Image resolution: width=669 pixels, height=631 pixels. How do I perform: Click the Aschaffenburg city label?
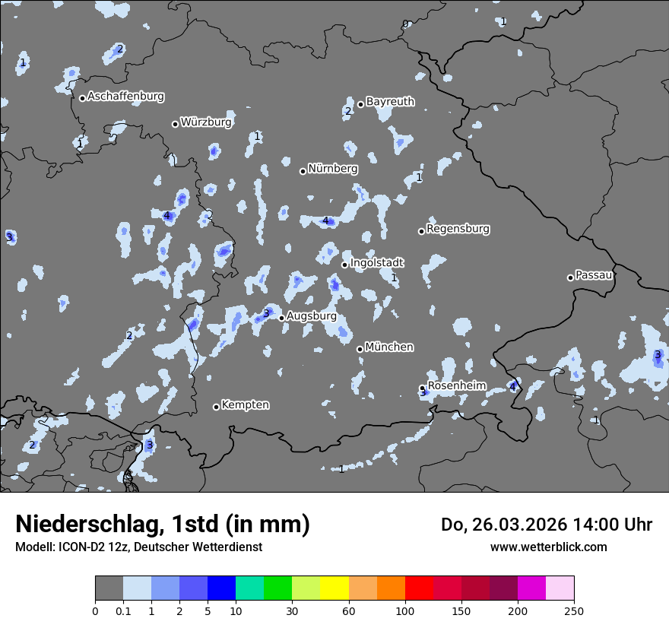(x=125, y=97)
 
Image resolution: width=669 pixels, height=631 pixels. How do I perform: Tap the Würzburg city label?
(x=206, y=122)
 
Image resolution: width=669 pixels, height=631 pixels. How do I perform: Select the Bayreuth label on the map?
(x=390, y=101)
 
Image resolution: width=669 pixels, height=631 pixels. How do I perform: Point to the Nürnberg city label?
(x=332, y=169)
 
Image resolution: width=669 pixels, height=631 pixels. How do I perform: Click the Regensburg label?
(x=458, y=229)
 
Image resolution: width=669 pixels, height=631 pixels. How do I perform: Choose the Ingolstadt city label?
(x=376, y=263)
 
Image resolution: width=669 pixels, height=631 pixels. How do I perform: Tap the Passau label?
(x=594, y=275)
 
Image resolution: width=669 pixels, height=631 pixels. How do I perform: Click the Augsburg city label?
(x=311, y=316)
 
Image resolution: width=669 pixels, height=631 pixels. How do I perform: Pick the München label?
(x=389, y=347)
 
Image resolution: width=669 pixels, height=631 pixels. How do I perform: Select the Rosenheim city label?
(x=456, y=385)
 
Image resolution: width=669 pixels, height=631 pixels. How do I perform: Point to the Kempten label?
(x=245, y=405)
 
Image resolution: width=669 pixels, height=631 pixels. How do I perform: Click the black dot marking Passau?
(x=570, y=277)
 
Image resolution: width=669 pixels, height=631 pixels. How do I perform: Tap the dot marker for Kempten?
(x=216, y=407)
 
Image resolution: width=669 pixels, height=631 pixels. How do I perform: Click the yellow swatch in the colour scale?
(x=334, y=588)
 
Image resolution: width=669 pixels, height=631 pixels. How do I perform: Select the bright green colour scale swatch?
(x=278, y=588)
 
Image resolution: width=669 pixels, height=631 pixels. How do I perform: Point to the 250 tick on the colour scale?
(x=574, y=611)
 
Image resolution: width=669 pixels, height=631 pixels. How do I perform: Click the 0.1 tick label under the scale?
(x=123, y=611)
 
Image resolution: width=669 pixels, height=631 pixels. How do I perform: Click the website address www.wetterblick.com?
(x=548, y=547)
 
